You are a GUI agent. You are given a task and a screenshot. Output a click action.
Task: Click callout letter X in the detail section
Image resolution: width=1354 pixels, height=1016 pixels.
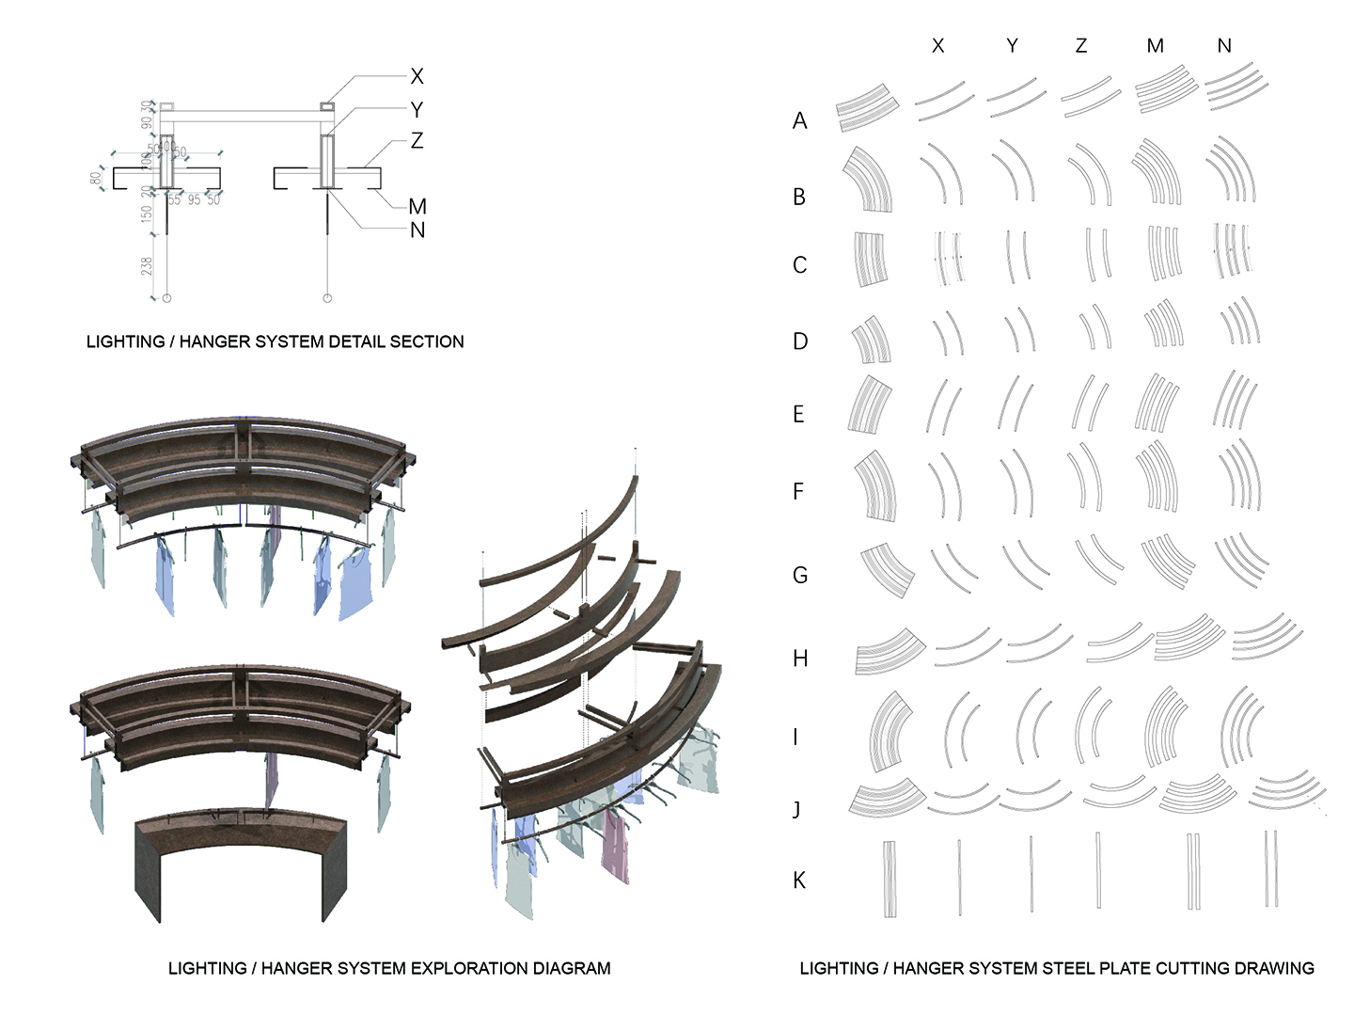click(x=417, y=76)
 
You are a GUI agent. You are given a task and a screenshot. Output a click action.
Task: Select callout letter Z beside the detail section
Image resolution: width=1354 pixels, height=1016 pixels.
click(x=417, y=141)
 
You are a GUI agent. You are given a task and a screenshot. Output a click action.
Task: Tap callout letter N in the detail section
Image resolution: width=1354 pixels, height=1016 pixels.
click(x=417, y=230)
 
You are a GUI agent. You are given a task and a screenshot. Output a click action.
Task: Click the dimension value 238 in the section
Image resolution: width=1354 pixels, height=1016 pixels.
click(x=147, y=266)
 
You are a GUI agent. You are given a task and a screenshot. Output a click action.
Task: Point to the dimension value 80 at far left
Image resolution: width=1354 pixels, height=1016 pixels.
click(x=96, y=178)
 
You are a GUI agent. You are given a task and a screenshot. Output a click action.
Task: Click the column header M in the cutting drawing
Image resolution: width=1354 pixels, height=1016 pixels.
click(x=1156, y=46)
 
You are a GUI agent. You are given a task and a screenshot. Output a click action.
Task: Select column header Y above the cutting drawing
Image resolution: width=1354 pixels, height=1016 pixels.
click(x=1012, y=46)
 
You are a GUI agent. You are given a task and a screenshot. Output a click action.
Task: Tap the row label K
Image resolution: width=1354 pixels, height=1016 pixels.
click(x=799, y=881)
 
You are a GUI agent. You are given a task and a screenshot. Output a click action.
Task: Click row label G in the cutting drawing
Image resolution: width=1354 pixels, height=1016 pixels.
click(x=800, y=575)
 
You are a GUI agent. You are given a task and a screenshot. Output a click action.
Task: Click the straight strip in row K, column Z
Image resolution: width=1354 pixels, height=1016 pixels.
click(x=1098, y=870)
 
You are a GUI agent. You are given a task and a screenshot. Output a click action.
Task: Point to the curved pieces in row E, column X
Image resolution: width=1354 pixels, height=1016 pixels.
click(x=944, y=405)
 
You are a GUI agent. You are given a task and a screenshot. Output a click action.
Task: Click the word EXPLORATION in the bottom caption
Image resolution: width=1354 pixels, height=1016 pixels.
click(x=433, y=968)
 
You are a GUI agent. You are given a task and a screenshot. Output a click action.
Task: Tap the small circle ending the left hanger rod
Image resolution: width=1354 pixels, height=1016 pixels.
click(x=167, y=298)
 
